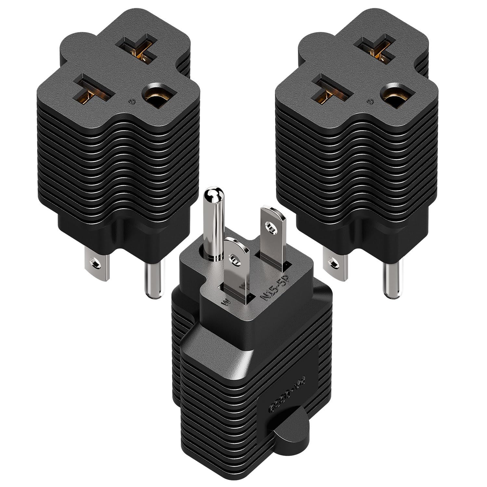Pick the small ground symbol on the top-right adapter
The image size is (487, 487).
click(368, 102)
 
